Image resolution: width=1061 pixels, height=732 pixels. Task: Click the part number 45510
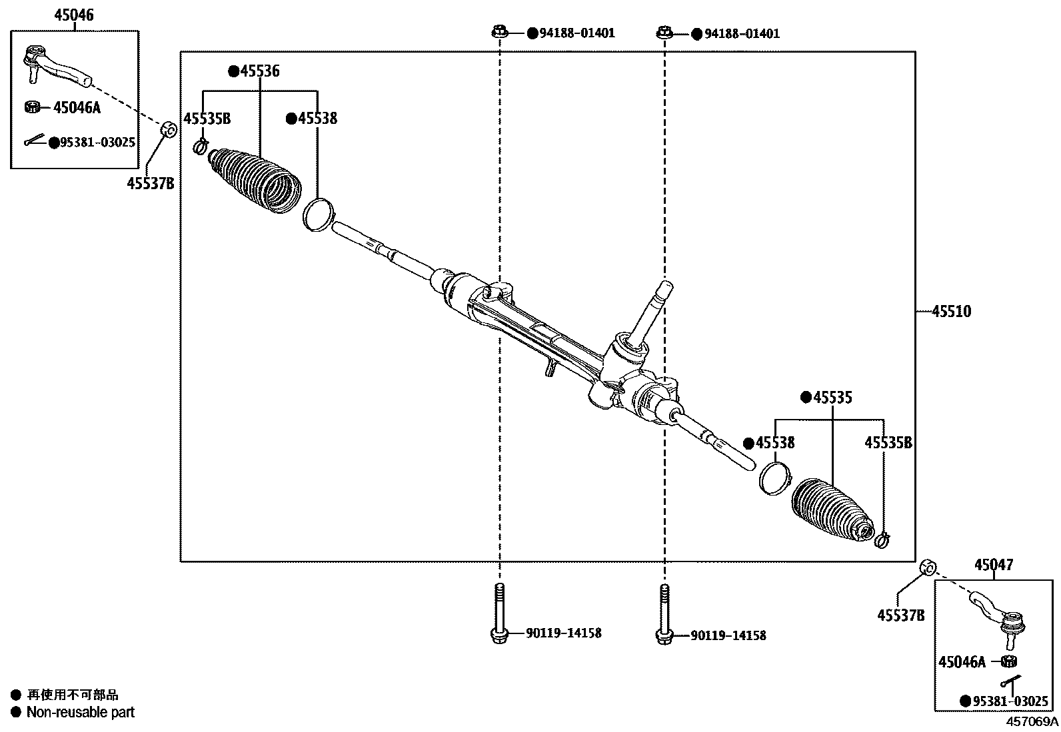point(951,311)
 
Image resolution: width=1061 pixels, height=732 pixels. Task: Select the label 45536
point(259,71)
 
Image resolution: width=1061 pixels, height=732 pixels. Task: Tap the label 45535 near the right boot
point(831,398)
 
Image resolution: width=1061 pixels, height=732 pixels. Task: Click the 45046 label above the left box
point(74,15)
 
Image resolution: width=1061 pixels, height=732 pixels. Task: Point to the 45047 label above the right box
point(993,565)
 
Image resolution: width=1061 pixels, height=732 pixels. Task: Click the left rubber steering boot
point(255,180)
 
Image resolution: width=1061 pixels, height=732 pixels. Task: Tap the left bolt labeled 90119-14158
point(499,613)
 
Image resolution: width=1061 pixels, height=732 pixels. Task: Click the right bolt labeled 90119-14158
point(664,614)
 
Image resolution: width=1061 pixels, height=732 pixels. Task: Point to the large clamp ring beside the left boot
point(317,213)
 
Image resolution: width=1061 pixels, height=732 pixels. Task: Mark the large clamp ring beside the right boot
point(775,478)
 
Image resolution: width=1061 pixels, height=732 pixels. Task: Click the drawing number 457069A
point(1032,721)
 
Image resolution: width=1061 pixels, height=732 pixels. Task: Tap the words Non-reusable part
point(80,712)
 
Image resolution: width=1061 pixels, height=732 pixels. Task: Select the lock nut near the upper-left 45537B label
point(169,129)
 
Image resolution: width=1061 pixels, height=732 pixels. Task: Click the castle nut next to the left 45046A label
point(31,107)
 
